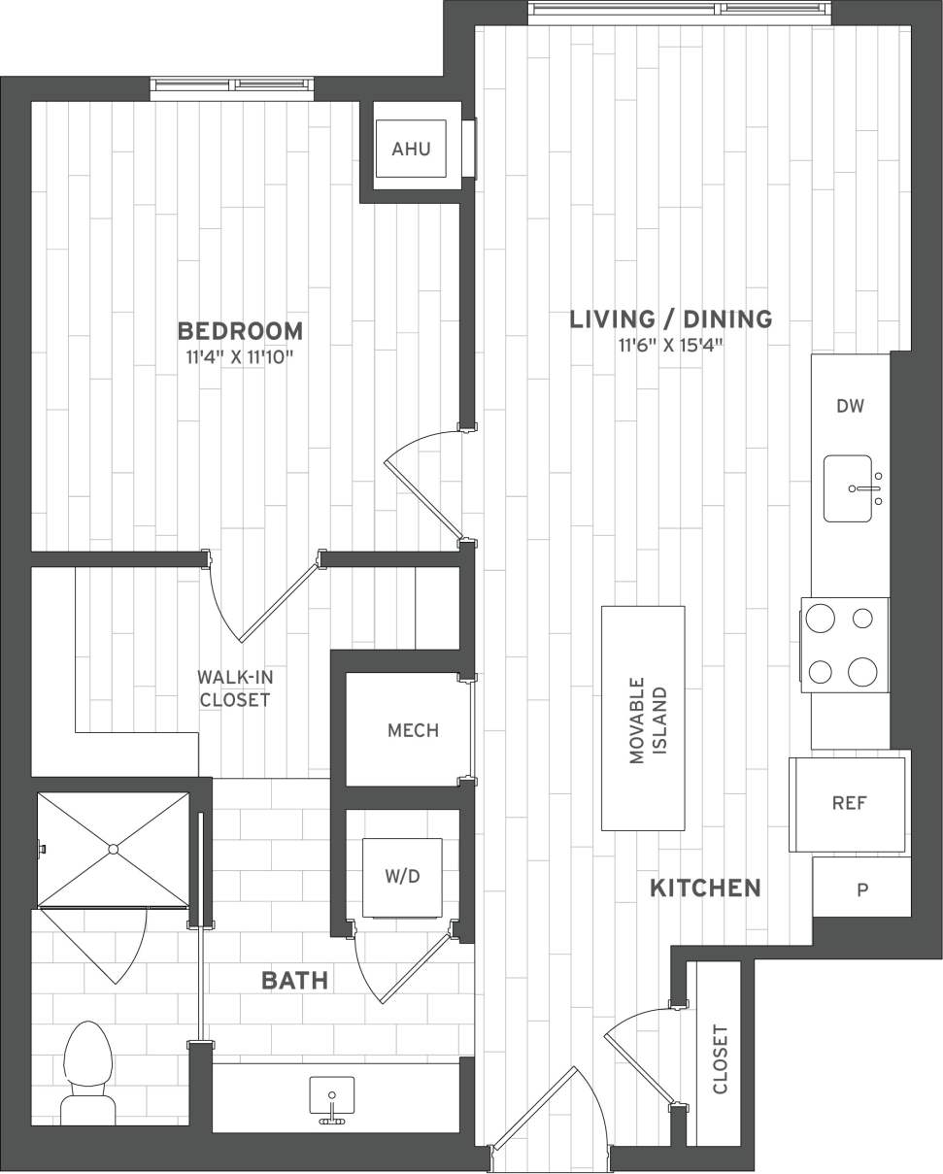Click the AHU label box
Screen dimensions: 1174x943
tap(411, 149)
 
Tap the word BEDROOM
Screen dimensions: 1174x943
tap(240, 331)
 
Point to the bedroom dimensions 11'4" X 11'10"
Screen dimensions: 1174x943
tap(240, 357)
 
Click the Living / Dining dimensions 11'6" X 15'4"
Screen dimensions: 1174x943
tap(671, 345)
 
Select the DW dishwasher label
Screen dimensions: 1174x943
tap(850, 406)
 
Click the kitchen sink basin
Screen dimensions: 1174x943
tap(848, 488)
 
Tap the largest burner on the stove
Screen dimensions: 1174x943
tap(861, 671)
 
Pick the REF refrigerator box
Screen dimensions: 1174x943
tap(849, 803)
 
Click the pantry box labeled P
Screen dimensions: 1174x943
tap(861, 889)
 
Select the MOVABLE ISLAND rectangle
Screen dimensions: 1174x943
tap(643, 718)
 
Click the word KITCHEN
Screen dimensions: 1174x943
tap(704, 888)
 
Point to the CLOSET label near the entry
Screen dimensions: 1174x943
tap(721, 1058)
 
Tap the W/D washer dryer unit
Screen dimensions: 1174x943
tap(402, 877)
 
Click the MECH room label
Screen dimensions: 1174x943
tap(413, 730)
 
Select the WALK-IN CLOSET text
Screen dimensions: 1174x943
tap(233, 688)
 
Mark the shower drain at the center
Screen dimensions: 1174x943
tap(114, 849)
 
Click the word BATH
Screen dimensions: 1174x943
tap(294, 981)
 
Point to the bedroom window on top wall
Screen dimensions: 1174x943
tap(232, 87)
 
